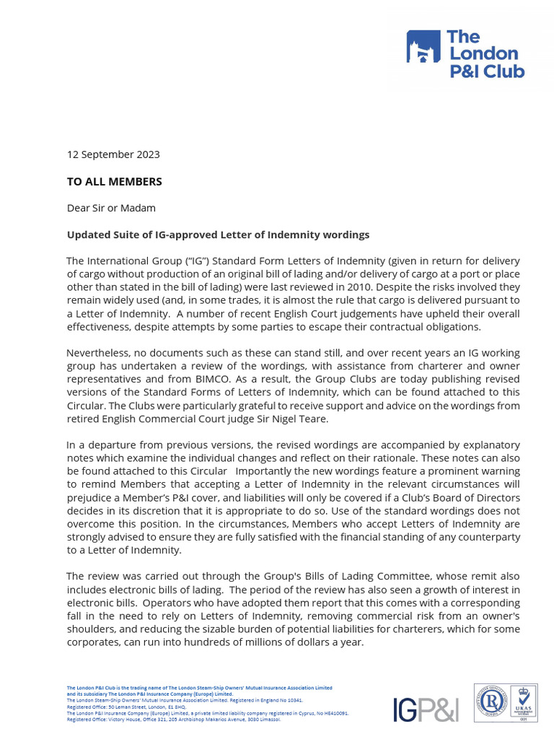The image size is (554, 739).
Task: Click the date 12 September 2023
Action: click(x=113, y=154)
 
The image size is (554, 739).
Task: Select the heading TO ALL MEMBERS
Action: click(x=115, y=182)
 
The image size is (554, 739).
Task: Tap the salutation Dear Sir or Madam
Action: click(x=111, y=208)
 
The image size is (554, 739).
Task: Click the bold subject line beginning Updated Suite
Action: click(x=218, y=235)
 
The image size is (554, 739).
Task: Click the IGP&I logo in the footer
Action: click(x=426, y=709)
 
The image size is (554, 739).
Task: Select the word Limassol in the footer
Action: click(x=266, y=720)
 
